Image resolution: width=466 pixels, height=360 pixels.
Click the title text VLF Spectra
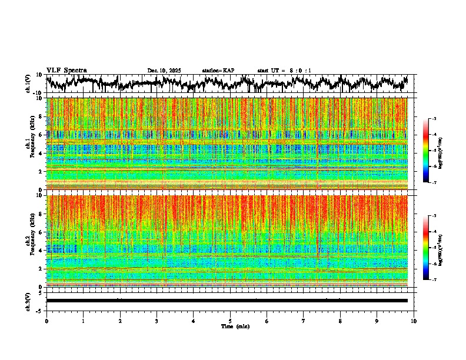66,70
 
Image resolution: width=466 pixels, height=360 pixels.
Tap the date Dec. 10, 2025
164,71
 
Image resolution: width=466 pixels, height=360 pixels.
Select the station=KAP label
218,71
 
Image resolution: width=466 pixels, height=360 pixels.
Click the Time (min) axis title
235,326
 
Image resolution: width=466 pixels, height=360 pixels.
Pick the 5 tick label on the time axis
230,321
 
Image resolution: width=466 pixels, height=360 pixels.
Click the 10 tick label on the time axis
414,321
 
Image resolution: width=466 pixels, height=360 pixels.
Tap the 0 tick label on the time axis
46,321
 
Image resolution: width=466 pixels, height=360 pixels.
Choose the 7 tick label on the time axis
304,321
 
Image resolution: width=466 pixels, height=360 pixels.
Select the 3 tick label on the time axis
157,321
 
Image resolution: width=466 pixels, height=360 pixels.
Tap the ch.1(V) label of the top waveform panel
29,84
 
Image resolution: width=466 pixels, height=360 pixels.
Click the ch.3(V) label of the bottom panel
29,300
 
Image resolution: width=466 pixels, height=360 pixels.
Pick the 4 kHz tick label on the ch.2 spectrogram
41,251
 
